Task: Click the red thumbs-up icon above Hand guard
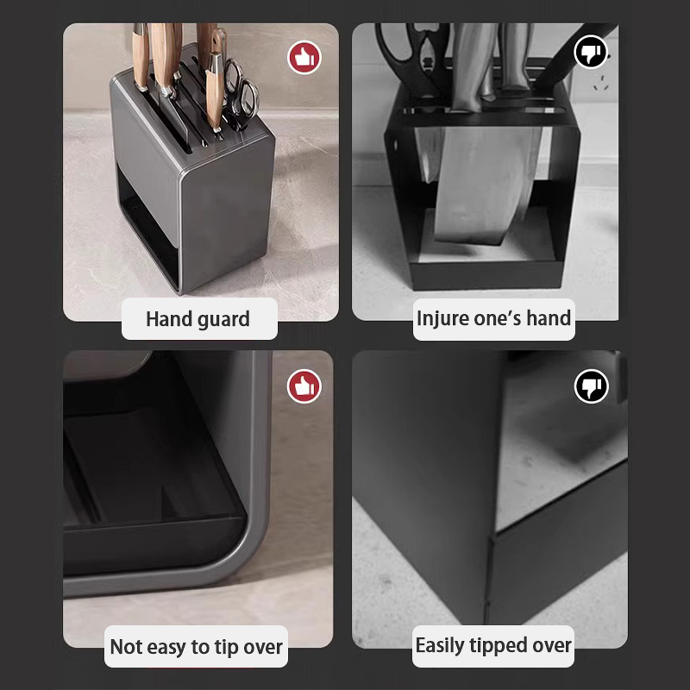pyautogui.click(x=304, y=58)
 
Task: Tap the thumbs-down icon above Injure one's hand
pyautogui.click(x=591, y=52)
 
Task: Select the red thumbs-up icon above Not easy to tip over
pyautogui.click(x=304, y=386)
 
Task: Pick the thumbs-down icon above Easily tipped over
pyautogui.click(x=591, y=386)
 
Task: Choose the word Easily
pyautogui.click(x=440, y=646)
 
